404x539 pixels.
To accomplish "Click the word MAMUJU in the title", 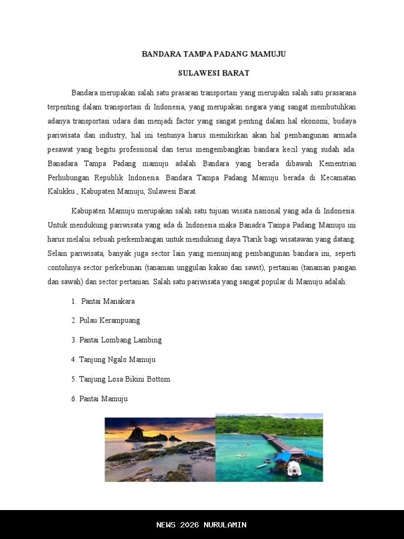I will click(x=268, y=54).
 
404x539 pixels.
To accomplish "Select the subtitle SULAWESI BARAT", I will click(x=214, y=73).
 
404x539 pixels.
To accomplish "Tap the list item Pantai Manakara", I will click(x=108, y=301).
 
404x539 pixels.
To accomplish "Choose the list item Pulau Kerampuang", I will click(x=109, y=320).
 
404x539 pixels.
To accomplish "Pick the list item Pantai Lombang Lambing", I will click(x=120, y=340).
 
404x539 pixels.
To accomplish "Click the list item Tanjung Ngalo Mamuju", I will click(x=117, y=360).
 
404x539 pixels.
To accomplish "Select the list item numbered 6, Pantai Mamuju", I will click(x=103, y=398).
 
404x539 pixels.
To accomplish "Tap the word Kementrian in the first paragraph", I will click(x=337, y=164).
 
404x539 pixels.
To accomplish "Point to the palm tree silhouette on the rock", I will click(x=134, y=424).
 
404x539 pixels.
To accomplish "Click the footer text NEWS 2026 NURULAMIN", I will click(x=201, y=525).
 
